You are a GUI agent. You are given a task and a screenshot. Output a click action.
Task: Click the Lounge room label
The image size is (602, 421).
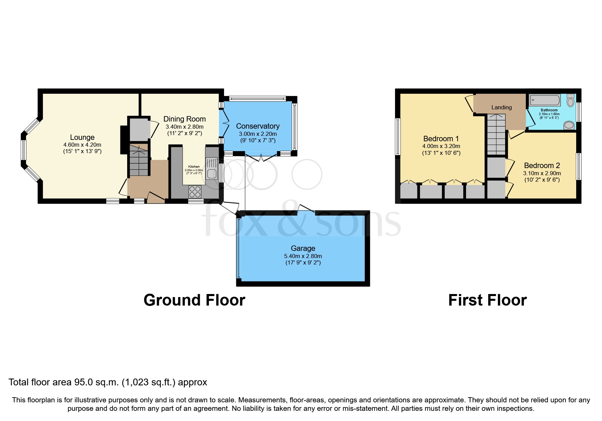[x=82, y=138]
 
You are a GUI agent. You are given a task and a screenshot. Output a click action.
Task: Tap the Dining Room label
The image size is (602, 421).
[x=184, y=119]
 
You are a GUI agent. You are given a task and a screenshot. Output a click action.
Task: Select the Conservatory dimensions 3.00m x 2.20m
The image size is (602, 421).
[x=258, y=134]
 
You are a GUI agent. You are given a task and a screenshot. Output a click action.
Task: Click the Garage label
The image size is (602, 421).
[x=303, y=249]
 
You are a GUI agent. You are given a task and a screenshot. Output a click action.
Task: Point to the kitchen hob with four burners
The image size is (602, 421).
[x=195, y=192]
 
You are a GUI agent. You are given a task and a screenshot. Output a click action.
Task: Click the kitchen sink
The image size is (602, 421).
[x=211, y=168]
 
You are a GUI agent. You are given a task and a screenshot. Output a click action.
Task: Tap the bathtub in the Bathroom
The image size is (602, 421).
[x=545, y=100]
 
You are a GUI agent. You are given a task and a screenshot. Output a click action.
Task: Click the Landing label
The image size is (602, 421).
[x=501, y=107]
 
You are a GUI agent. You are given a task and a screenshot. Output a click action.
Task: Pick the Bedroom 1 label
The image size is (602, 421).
[x=441, y=139]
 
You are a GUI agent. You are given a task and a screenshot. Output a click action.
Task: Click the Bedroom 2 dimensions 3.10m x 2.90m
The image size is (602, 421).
[x=541, y=173]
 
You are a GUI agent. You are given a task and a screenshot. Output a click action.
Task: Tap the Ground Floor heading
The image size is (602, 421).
[x=194, y=300]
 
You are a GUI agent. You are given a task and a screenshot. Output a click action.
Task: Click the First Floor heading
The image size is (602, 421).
[x=487, y=300]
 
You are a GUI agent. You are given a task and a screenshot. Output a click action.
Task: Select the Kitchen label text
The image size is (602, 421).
[x=194, y=167]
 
